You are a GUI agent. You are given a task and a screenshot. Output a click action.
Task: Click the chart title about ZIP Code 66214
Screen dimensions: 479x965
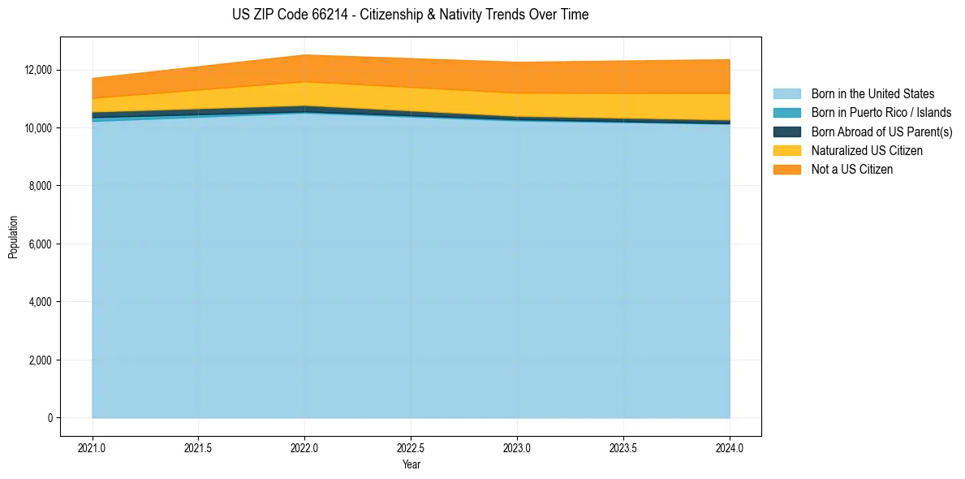[x=410, y=15]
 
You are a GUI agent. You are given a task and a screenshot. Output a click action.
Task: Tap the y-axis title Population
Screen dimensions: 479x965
[x=13, y=237]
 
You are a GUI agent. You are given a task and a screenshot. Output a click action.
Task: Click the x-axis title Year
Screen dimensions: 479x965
[x=411, y=464]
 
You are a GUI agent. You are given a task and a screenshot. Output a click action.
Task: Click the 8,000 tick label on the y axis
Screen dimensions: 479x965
[x=38, y=186]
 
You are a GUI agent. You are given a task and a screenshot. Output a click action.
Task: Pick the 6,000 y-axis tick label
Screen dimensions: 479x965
[x=38, y=244]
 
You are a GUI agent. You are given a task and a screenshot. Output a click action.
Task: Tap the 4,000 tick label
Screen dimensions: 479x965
[x=38, y=302]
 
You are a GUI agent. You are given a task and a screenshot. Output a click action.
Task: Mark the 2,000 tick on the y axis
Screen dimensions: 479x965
[x=38, y=360]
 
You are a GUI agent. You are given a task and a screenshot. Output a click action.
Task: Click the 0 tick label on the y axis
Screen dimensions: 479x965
[x=50, y=418]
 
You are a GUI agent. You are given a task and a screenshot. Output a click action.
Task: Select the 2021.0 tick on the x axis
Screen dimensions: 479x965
[x=93, y=447]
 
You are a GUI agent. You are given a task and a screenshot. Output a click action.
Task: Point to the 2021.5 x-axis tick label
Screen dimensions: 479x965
[x=199, y=447]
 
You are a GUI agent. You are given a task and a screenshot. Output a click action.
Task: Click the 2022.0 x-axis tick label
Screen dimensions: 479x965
[x=305, y=447]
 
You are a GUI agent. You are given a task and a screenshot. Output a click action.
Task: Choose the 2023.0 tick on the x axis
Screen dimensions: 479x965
[x=517, y=447]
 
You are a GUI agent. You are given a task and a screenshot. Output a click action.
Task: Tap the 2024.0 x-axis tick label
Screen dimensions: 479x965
[x=730, y=447]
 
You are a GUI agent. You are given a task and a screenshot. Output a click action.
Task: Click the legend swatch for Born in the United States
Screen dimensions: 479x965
[x=786, y=94]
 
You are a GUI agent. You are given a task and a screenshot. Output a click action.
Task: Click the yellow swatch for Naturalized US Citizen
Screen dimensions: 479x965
[x=786, y=151]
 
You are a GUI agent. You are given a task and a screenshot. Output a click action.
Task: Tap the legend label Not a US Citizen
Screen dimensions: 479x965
[x=851, y=170]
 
